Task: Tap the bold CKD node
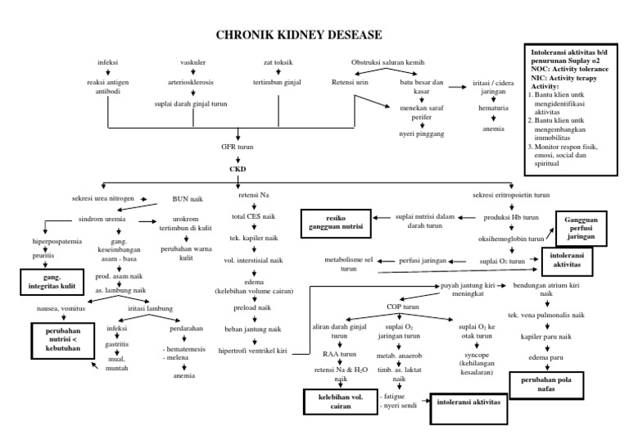tap(237, 170)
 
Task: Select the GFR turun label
tap(238, 148)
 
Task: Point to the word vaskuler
tap(192, 62)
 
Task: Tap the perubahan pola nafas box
tap(546, 384)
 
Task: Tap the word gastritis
tap(121, 347)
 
